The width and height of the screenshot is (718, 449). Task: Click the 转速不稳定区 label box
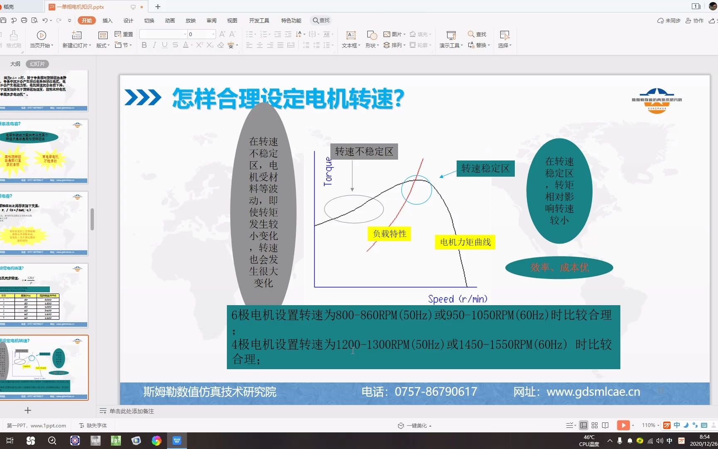(364, 152)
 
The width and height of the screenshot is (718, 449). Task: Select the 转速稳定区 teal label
(485, 168)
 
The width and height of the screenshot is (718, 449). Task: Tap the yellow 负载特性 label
(389, 234)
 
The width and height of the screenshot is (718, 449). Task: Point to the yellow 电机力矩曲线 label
(465, 242)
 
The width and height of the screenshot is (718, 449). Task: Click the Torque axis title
(328, 171)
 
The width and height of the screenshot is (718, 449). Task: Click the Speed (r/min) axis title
(457, 299)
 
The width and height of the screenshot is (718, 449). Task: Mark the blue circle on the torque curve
(416, 190)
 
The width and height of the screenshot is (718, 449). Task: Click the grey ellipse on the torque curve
(354, 209)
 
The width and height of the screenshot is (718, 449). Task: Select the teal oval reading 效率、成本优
(559, 268)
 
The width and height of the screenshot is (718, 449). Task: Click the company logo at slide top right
(657, 101)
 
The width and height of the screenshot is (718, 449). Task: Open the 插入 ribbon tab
(107, 20)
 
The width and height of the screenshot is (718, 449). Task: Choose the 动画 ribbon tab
(170, 20)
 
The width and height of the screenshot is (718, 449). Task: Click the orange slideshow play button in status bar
(623, 425)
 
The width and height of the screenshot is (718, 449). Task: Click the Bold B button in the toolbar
(144, 45)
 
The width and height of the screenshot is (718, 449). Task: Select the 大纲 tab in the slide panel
(15, 64)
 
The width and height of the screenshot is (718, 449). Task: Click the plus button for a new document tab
(158, 7)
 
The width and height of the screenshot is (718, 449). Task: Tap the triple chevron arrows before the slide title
(143, 98)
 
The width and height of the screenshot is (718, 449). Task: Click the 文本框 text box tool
(351, 39)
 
